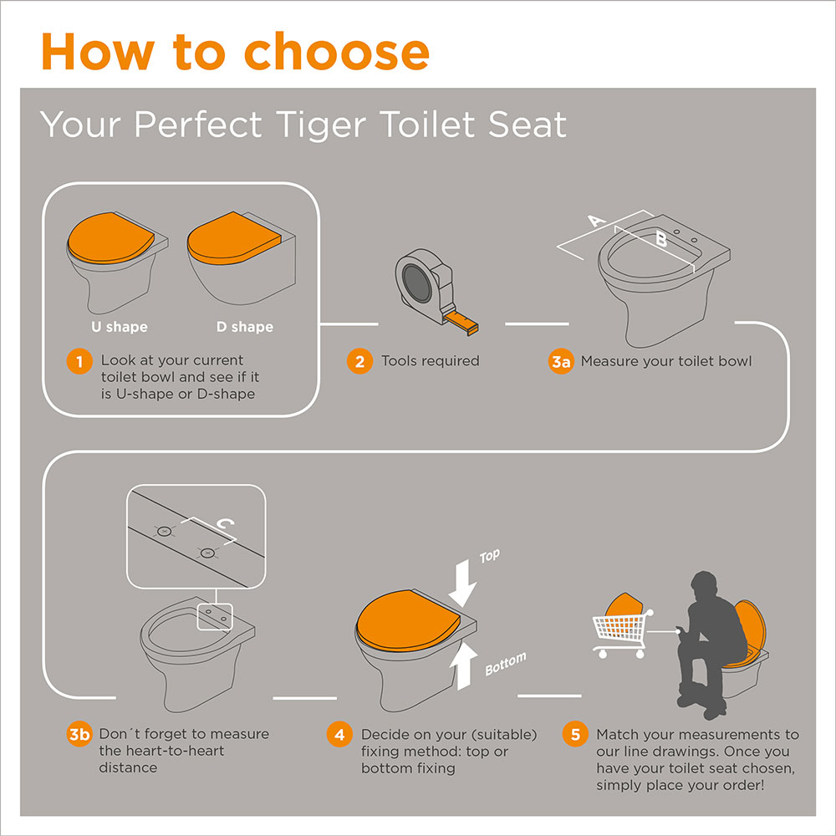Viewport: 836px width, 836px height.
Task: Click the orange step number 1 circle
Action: pyautogui.click(x=79, y=361)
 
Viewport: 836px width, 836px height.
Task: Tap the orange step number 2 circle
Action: pyautogui.click(x=359, y=361)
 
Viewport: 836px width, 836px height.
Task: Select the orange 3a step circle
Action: pyautogui.click(x=561, y=361)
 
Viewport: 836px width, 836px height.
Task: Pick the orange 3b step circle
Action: pyautogui.click(x=79, y=734)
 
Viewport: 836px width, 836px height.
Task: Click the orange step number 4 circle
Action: pyautogui.click(x=339, y=735)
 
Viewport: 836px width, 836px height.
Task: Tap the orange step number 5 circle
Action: pyautogui.click(x=575, y=735)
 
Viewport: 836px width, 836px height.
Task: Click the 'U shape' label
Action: pyautogui.click(x=120, y=327)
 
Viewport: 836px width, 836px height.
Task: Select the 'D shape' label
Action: pyautogui.click(x=245, y=327)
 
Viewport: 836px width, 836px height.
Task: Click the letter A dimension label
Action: pyautogui.click(x=597, y=220)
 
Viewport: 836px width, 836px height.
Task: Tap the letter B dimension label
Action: pyautogui.click(x=661, y=238)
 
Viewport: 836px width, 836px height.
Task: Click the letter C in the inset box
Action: pyautogui.click(x=226, y=523)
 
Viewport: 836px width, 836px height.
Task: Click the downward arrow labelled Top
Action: pyautogui.click(x=462, y=584)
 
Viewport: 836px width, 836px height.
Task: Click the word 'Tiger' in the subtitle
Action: pyautogui.click(x=322, y=126)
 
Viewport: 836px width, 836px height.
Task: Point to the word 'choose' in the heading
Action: pyautogui.click(x=336, y=52)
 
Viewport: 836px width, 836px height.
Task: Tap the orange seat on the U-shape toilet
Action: pyautogui.click(x=110, y=237)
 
